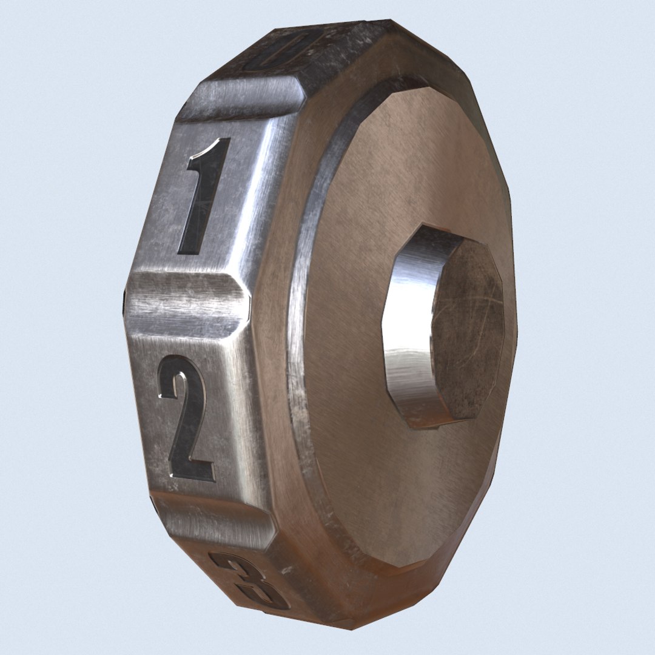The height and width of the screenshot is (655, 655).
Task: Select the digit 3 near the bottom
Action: (x=249, y=579)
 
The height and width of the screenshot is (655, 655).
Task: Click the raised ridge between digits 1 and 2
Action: (x=188, y=303)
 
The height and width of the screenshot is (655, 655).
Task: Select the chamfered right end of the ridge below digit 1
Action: (x=243, y=306)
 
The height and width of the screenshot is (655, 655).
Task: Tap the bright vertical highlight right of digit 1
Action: (x=255, y=200)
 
